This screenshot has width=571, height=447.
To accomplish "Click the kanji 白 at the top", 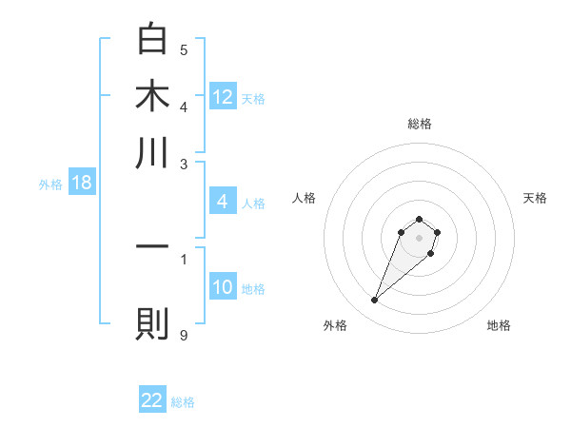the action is pos(152,40).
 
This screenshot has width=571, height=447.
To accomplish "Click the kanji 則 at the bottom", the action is pos(152,323).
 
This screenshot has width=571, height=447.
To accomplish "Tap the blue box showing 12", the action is pos(223,97).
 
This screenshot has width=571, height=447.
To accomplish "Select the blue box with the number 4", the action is pos(222,202).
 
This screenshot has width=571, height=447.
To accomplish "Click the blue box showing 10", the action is pos(223,287).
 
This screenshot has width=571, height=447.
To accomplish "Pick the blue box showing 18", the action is pos(81,184).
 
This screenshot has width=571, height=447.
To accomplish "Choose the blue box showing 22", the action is pos(152,400).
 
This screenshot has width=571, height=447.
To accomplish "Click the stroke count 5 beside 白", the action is pos(184,49).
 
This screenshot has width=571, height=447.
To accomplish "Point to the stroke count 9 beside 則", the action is pos(184,334).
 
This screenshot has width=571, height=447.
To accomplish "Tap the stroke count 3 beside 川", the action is pos(184,164).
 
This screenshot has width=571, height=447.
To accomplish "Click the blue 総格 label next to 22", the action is pos(183,402).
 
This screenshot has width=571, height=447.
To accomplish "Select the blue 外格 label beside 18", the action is pos(50,185).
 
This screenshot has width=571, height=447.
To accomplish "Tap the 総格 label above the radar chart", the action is pos(419,124).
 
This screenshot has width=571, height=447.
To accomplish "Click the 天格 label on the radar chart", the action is pos(535,198).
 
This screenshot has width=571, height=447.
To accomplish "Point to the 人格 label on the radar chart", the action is pos(305,198).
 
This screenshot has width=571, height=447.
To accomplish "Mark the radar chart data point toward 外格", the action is pos(375,301).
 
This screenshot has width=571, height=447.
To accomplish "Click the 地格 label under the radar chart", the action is pos(499,325).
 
